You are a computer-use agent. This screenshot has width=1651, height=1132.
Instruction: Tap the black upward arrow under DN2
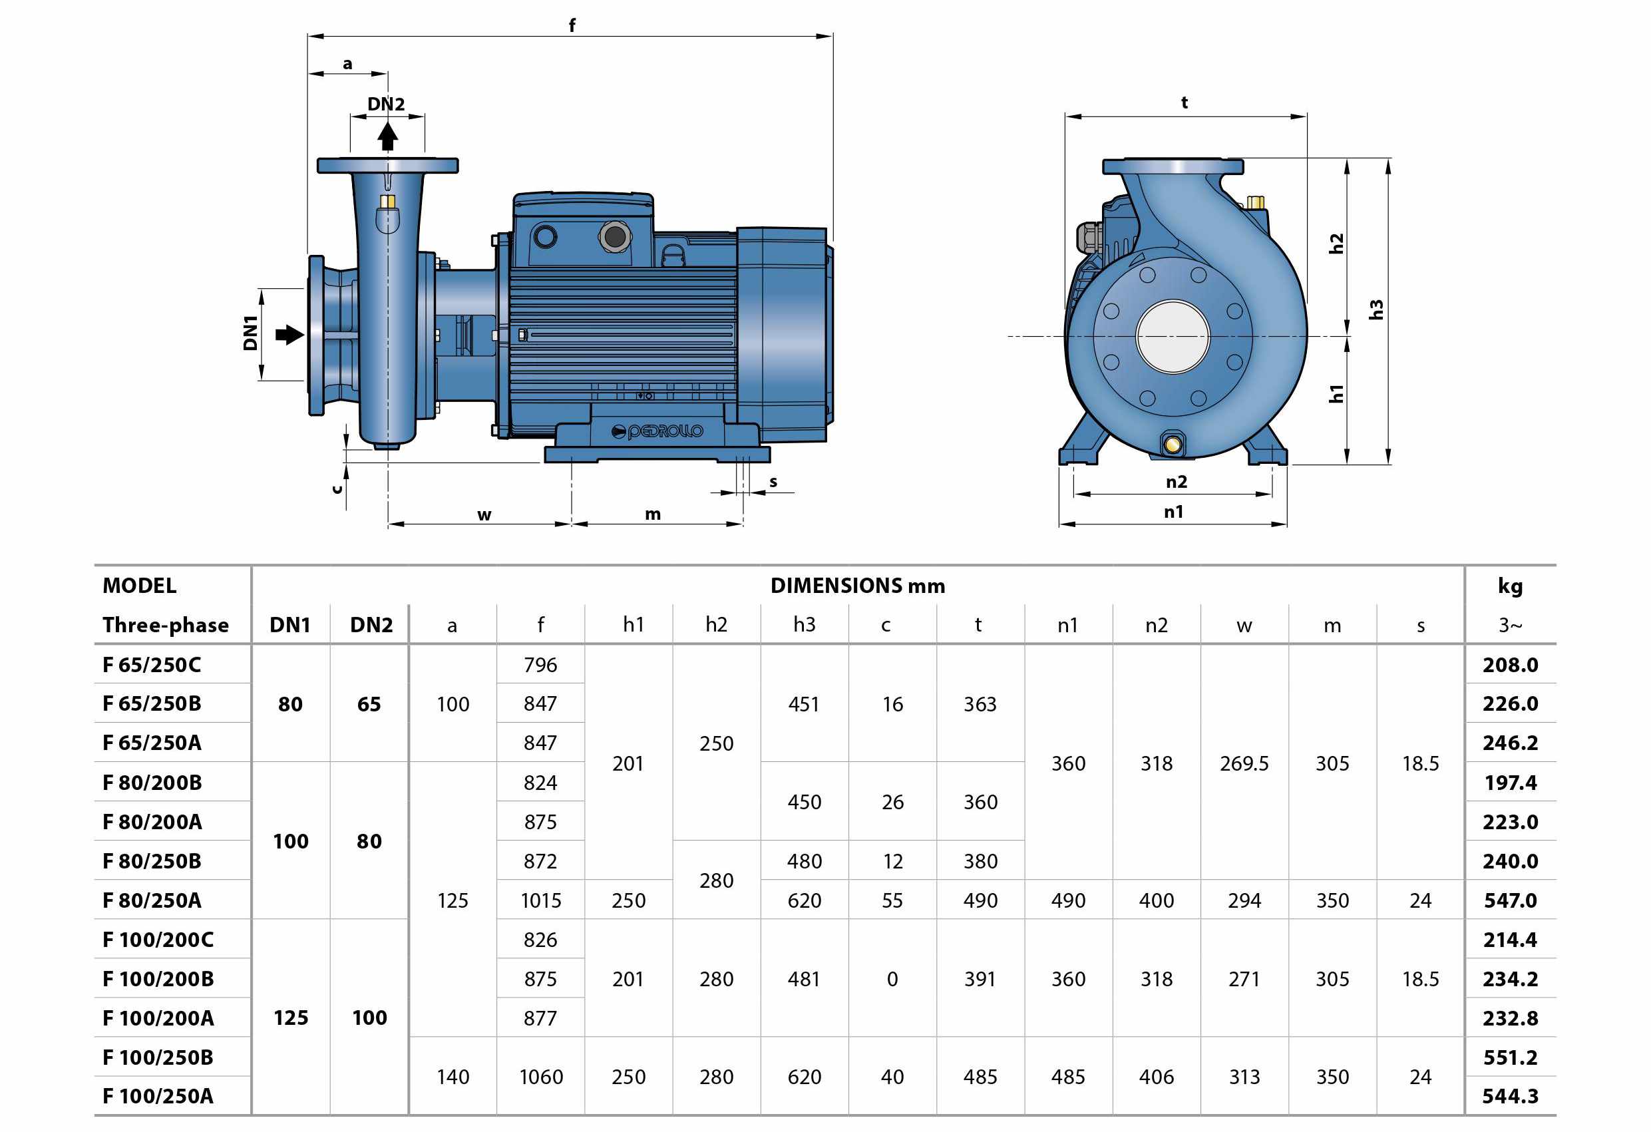click(x=387, y=136)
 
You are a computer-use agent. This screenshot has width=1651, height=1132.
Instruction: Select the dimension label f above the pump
click(x=572, y=25)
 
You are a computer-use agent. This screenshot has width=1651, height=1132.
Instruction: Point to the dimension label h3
click(x=1376, y=310)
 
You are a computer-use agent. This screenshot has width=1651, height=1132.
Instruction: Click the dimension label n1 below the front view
click(x=1174, y=512)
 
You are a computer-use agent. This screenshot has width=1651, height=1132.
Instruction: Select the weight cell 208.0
click(x=1510, y=665)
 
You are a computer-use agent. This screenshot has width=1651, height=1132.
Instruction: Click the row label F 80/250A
click(x=152, y=900)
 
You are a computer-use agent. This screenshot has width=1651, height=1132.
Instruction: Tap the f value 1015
click(x=540, y=900)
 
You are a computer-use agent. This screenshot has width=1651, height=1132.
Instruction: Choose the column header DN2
click(x=371, y=625)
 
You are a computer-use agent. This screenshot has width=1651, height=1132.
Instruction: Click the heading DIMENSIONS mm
click(x=858, y=586)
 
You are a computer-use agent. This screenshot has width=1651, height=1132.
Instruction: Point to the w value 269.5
click(x=1244, y=763)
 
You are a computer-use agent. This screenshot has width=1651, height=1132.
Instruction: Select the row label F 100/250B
click(x=158, y=1057)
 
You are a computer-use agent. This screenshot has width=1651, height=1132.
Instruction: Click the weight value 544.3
click(x=1510, y=1096)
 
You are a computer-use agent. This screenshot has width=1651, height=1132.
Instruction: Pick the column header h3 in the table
click(x=804, y=625)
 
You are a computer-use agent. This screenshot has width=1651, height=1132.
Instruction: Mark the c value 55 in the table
click(x=892, y=900)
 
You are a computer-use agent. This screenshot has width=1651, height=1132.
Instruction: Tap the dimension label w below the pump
click(x=484, y=515)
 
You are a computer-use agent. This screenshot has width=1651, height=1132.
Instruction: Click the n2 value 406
click(x=1156, y=1077)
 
